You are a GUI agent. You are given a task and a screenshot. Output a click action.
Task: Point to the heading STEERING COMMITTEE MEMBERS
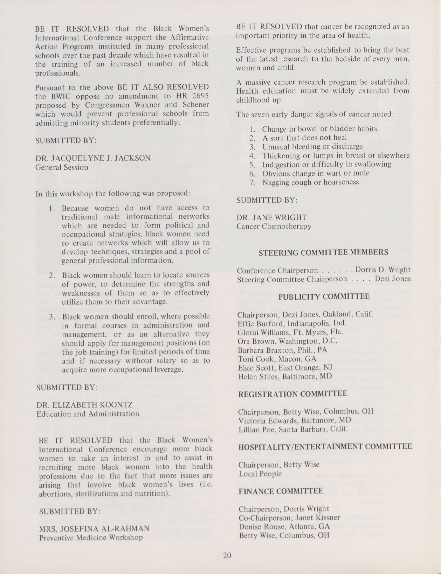(x=323, y=252)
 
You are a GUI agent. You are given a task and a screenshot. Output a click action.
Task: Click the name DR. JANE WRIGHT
(x=271, y=217)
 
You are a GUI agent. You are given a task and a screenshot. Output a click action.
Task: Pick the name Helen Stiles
(x=259, y=377)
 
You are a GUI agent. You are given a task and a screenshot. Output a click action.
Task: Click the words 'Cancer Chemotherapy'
(x=274, y=226)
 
